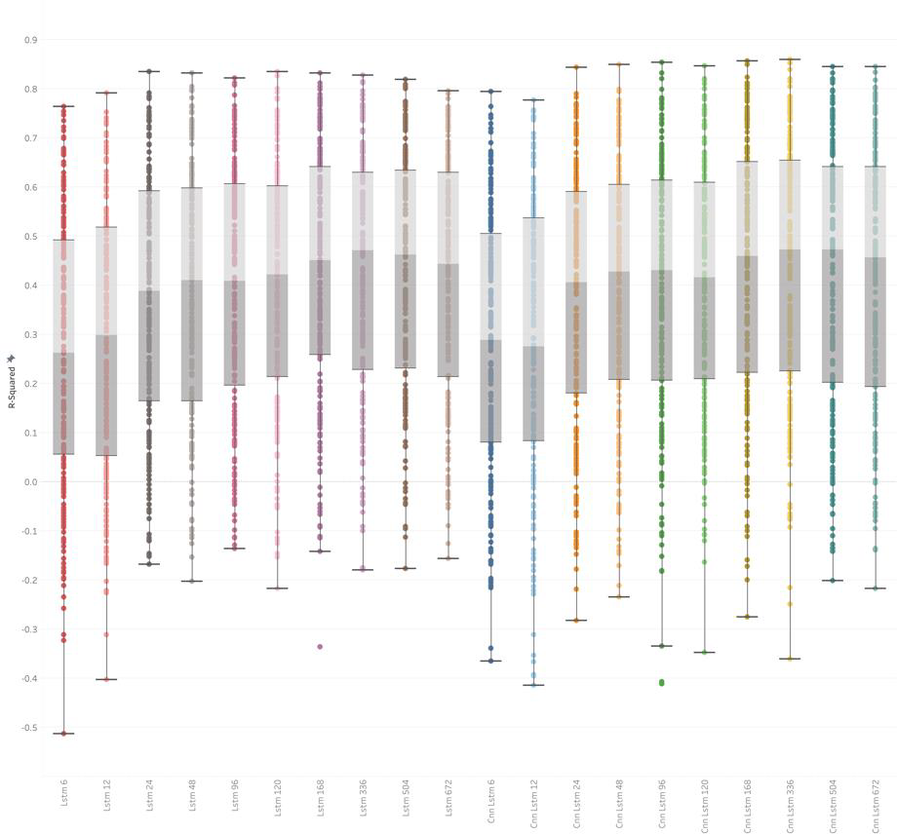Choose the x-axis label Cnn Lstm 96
pos(662,805)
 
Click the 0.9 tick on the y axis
pos(31,40)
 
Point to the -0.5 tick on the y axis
pos(29,728)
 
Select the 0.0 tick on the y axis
pos(31,482)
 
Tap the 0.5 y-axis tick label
pos(31,237)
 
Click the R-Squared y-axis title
pos(12,381)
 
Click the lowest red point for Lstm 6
pos(64,734)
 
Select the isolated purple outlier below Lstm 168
pos(320,646)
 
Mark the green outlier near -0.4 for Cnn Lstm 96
pos(662,683)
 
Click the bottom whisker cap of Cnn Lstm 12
pos(533,685)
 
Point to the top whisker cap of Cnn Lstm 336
pos(790,59)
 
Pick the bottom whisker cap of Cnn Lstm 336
pos(790,659)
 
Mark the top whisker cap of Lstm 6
pos(64,106)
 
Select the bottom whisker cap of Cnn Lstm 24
pos(576,620)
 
